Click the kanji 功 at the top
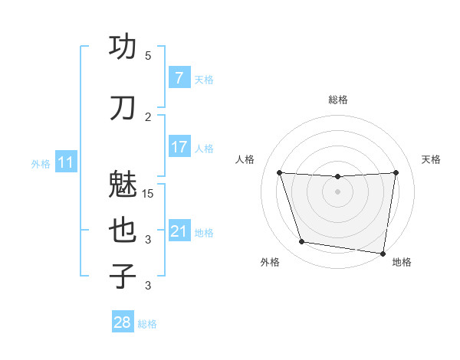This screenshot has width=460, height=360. coord(123,47)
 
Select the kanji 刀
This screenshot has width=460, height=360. coord(123,108)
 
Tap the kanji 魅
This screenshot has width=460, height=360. coord(123,185)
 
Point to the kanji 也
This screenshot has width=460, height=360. coord(123,231)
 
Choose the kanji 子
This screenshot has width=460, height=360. coord(123,276)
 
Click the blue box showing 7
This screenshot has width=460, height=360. coord(179,79)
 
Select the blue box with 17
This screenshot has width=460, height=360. coord(179,146)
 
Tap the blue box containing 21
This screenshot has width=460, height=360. coord(179,231)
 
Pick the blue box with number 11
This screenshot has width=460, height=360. coord(65,162)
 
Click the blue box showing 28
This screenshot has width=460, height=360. coord(123,322)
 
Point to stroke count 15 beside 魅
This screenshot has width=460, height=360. coord(149,194)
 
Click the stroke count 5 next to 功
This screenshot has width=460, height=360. coord(148,56)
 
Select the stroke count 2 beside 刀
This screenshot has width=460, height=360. coord(148,117)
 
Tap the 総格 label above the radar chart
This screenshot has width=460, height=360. coord(337,100)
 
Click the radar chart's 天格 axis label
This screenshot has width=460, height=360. coord(431,159)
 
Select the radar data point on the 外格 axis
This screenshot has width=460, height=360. coord(302,242)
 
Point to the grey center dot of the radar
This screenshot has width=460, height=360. coord(337,191)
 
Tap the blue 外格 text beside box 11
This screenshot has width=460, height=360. coord(41,163)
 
